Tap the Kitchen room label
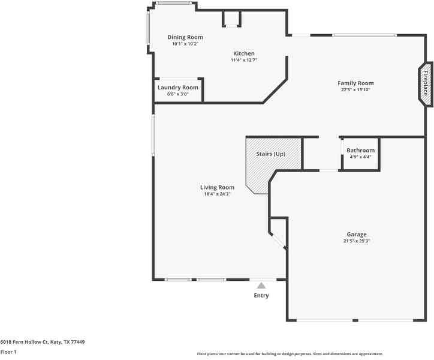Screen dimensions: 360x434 [243, 53]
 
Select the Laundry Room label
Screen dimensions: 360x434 [177, 88]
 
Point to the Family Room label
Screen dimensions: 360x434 [355, 83]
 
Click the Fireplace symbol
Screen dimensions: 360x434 [426, 85]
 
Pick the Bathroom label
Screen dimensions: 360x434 [360, 151]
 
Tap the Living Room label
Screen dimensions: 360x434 [217, 187]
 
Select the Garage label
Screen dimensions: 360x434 [356, 235]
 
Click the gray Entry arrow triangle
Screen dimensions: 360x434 [261, 286]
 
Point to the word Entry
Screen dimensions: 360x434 [261, 295]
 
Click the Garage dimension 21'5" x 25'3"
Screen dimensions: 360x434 [356, 241]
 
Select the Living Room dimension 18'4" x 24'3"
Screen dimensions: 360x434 [217, 194]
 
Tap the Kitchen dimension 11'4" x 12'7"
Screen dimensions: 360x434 [243, 60]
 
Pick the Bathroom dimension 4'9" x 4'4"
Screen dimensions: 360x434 [360, 157]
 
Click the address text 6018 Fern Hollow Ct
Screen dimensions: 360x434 [43, 342]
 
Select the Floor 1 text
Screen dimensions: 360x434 [8, 352]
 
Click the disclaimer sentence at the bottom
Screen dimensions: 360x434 [290, 354]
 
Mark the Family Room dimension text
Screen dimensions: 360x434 [355, 90]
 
